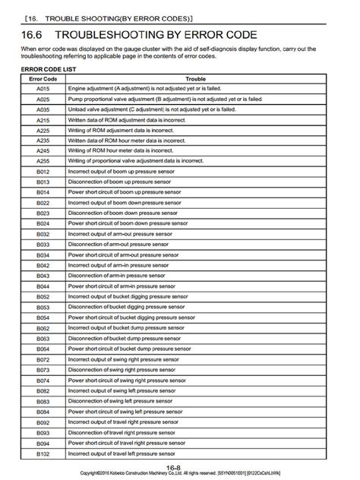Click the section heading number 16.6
coord(33,34)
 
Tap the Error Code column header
coord(43,78)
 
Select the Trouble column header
coord(195,78)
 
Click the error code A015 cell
coord(43,89)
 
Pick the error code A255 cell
coord(43,161)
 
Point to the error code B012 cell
coord(43,172)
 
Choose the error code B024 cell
coord(43,223)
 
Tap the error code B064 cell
coord(43,349)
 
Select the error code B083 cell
coord(43,400)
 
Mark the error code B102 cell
coord(43,453)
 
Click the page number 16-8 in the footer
coord(173,466)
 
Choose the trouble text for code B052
coord(126,296)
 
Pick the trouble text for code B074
coord(125,380)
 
